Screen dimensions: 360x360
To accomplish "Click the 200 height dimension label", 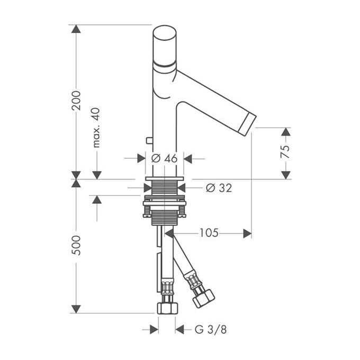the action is [x=76, y=101].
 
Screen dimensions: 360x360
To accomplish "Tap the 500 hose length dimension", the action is [x=76, y=245].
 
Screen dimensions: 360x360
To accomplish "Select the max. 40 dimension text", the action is [x=96, y=128].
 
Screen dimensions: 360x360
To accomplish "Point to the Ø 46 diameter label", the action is [x=165, y=158].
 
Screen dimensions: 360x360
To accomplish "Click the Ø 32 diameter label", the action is [x=219, y=188].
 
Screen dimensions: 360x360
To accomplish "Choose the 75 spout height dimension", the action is [x=285, y=151].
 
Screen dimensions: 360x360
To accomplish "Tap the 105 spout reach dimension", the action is [x=209, y=233].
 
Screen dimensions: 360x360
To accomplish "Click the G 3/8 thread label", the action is [x=211, y=329].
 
